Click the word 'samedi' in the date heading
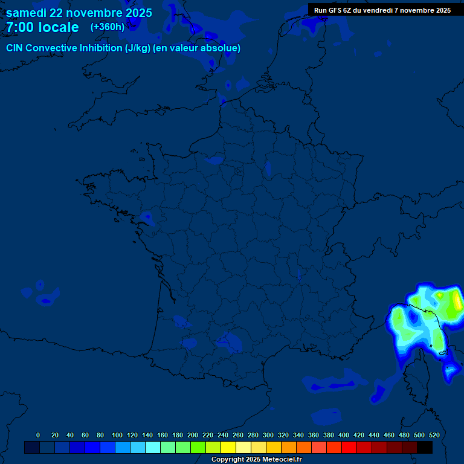[x=27, y=13]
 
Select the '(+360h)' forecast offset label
[x=108, y=27]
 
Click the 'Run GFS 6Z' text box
[x=382, y=10]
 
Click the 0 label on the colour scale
[x=38, y=435]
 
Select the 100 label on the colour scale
[x=117, y=435]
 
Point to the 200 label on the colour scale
[x=193, y=435]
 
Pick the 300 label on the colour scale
[x=268, y=435]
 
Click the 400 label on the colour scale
[x=344, y=435]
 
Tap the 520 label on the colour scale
[x=434, y=435]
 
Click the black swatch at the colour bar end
[x=425, y=448]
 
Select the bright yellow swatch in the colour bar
[x=228, y=448]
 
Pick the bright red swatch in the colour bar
[x=349, y=448]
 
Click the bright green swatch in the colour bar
[x=198, y=448]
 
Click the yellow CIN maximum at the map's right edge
[x=458, y=300]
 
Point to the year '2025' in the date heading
[x=135, y=13]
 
